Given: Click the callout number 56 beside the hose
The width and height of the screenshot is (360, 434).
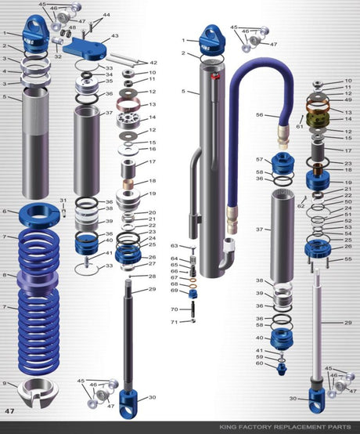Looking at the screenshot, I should coord(260,114).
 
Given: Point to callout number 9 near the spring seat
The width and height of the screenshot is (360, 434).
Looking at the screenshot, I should coord(5,383).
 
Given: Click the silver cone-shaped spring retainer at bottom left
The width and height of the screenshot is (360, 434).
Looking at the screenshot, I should coord(37,389).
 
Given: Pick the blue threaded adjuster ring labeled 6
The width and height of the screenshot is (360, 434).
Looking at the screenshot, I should coord(37,212).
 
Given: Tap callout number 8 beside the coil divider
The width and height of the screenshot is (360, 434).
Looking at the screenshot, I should coord(5,275).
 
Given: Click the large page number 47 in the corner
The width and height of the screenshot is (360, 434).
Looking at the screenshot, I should coord(9,410).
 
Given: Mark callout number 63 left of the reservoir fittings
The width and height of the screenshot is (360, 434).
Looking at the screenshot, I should coord(175,246).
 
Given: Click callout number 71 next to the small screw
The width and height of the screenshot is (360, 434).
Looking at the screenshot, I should coord(175,321).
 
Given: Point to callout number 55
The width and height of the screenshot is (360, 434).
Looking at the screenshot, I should coord(348,259).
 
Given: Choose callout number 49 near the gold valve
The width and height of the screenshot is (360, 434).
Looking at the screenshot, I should coord(348,99).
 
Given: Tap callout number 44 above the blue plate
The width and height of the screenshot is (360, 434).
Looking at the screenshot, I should coord(106,15).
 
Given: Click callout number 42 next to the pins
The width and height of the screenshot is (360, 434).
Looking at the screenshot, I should coord(153,63).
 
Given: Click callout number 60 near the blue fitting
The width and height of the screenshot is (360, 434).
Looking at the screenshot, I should coord(260,364).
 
